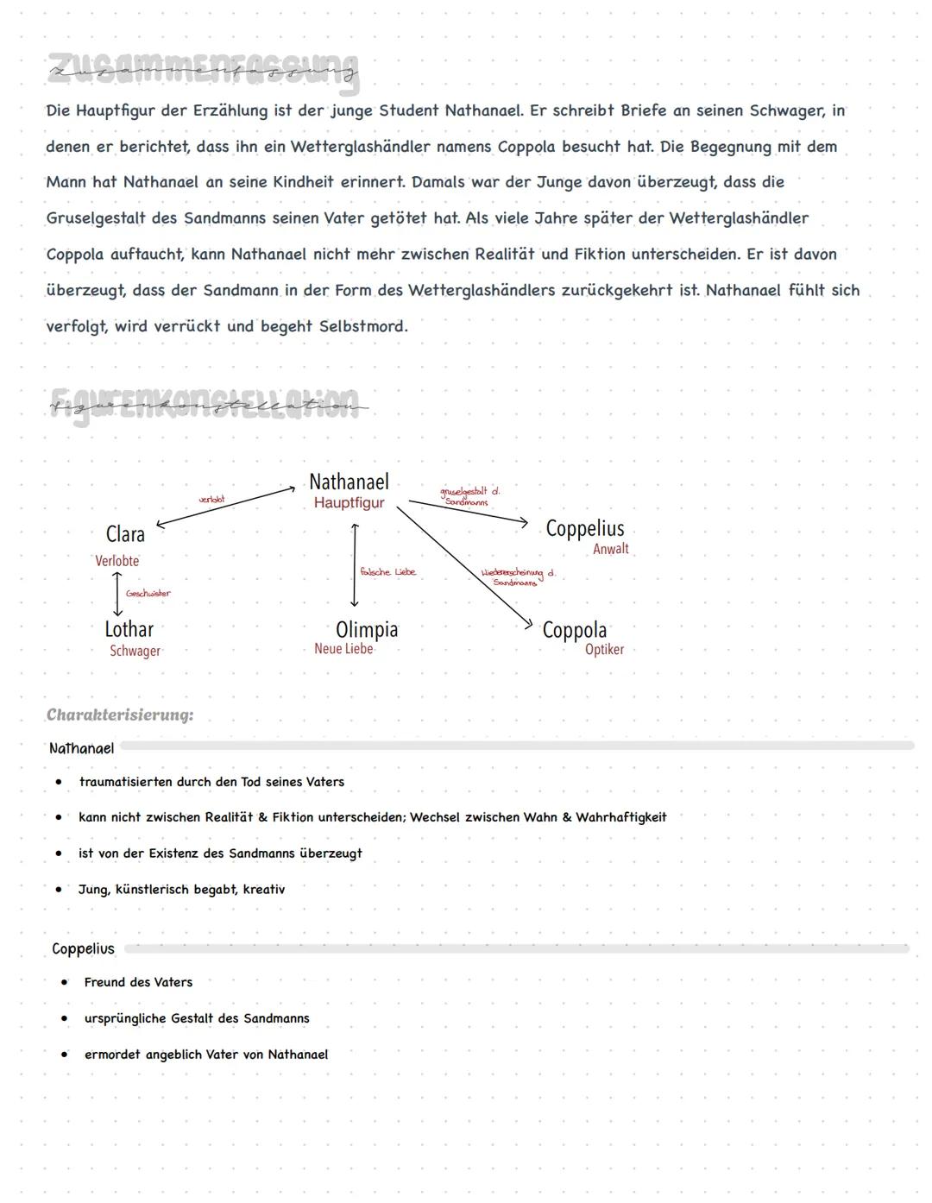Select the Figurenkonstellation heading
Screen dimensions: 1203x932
tap(207, 404)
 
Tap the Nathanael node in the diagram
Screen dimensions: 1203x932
tap(349, 482)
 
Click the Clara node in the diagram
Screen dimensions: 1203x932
tap(125, 534)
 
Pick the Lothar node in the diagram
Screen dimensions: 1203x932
tap(129, 629)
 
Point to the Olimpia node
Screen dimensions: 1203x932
tap(367, 629)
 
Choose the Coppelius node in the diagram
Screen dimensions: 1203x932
tap(584, 528)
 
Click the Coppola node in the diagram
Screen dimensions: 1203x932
tap(574, 630)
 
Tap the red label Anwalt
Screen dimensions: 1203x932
tap(610, 549)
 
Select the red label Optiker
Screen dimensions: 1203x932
tap(604, 650)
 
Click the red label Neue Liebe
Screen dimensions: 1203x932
tap(343, 649)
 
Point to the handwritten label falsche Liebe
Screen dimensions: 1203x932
tap(387, 572)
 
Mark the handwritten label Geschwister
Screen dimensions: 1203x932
tap(148, 594)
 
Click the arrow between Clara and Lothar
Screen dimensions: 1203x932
tap(117, 594)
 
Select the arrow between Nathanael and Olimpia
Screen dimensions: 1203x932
tap(354, 565)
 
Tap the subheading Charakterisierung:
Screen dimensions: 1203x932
tap(120, 715)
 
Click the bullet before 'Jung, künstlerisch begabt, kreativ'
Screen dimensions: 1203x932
tap(59, 889)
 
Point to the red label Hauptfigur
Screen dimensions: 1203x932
tap(349, 503)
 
